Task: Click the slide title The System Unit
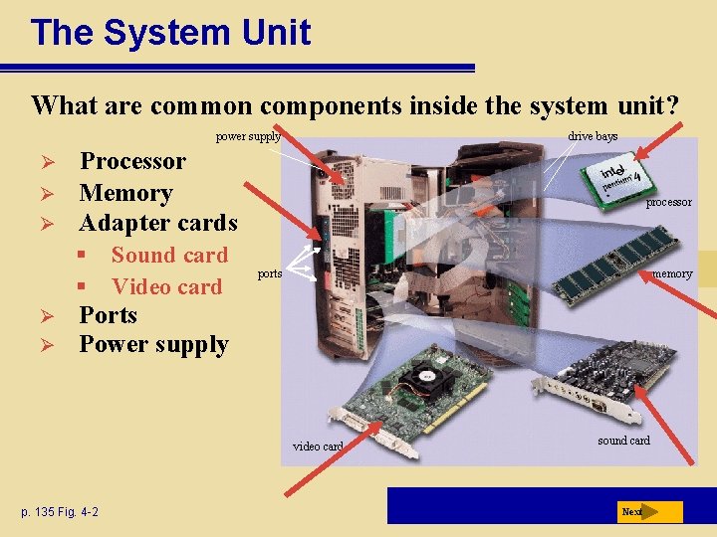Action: click(170, 33)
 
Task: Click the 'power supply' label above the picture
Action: click(248, 136)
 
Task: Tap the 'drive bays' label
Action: click(593, 136)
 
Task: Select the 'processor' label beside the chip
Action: click(668, 202)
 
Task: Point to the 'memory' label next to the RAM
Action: click(672, 273)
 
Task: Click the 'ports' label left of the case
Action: click(270, 272)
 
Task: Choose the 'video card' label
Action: click(318, 447)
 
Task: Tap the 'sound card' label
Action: click(623, 441)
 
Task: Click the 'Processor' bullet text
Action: click(132, 161)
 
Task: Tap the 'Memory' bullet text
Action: click(125, 192)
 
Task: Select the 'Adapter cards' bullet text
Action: click(158, 223)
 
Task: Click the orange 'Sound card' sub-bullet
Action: click(169, 256)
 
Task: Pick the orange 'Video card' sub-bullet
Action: click(166, 287)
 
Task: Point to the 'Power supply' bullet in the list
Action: click(153, 345)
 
